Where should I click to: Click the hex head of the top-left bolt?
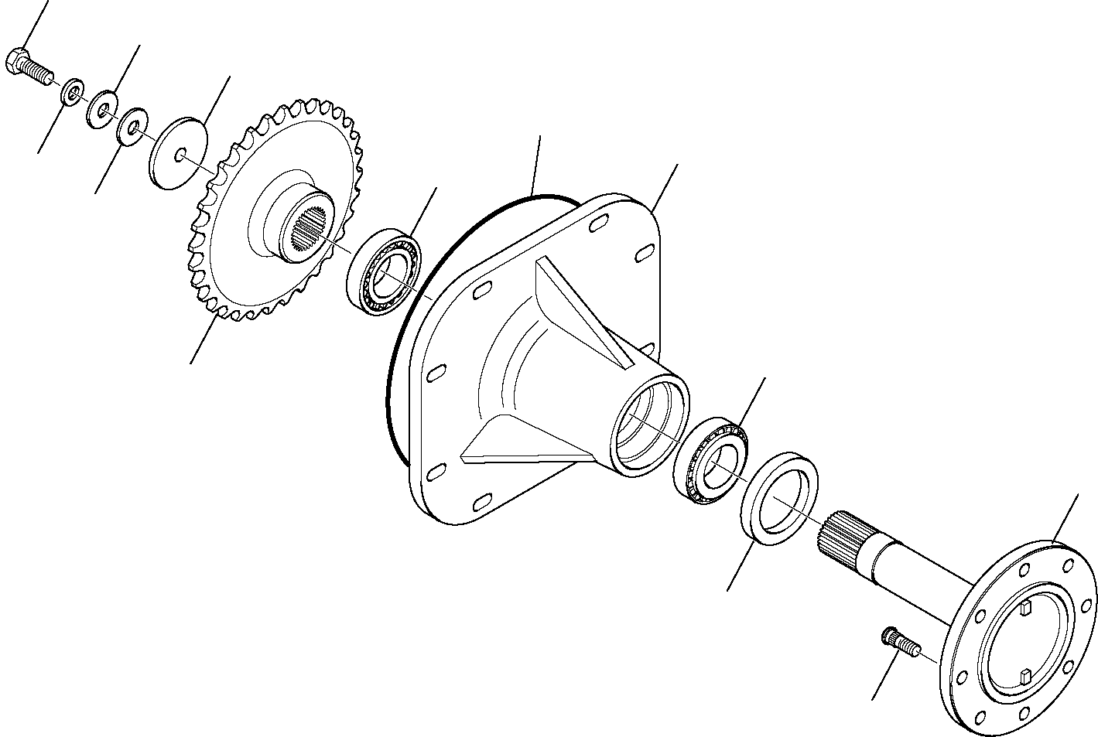pyautogui.click(x=16, y=61)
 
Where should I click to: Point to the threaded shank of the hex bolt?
pyautogui.click(x=39, y=73)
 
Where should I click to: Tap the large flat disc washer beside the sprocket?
pyautogui.click(x=179, y=153)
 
